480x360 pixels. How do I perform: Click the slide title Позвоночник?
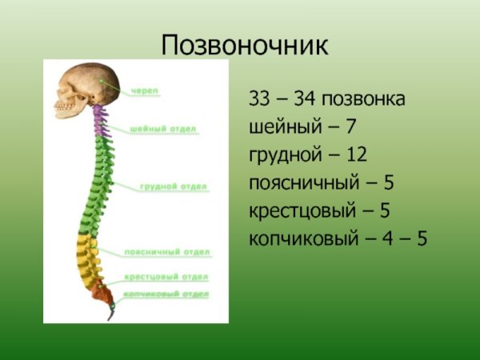coord(245,45)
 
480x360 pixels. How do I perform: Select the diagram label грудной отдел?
coord(174,187)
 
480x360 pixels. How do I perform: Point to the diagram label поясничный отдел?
coord(167,252)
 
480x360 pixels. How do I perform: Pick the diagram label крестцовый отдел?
coord(166,278)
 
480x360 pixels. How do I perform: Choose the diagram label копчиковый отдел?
coord(167,294)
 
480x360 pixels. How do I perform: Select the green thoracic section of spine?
coord(98,184)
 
